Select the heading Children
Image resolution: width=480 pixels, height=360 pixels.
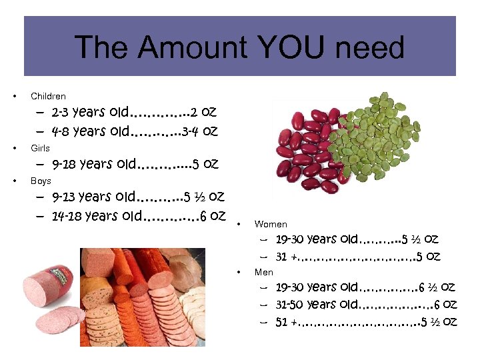48,96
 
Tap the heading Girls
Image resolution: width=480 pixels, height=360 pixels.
40,148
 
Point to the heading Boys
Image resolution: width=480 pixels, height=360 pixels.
41,181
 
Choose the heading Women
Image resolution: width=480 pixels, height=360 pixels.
271,225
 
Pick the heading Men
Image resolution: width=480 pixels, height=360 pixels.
264,272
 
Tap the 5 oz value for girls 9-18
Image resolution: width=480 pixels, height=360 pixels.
205,163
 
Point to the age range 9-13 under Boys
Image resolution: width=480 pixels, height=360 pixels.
64,197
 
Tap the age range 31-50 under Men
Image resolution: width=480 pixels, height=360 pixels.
291,305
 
